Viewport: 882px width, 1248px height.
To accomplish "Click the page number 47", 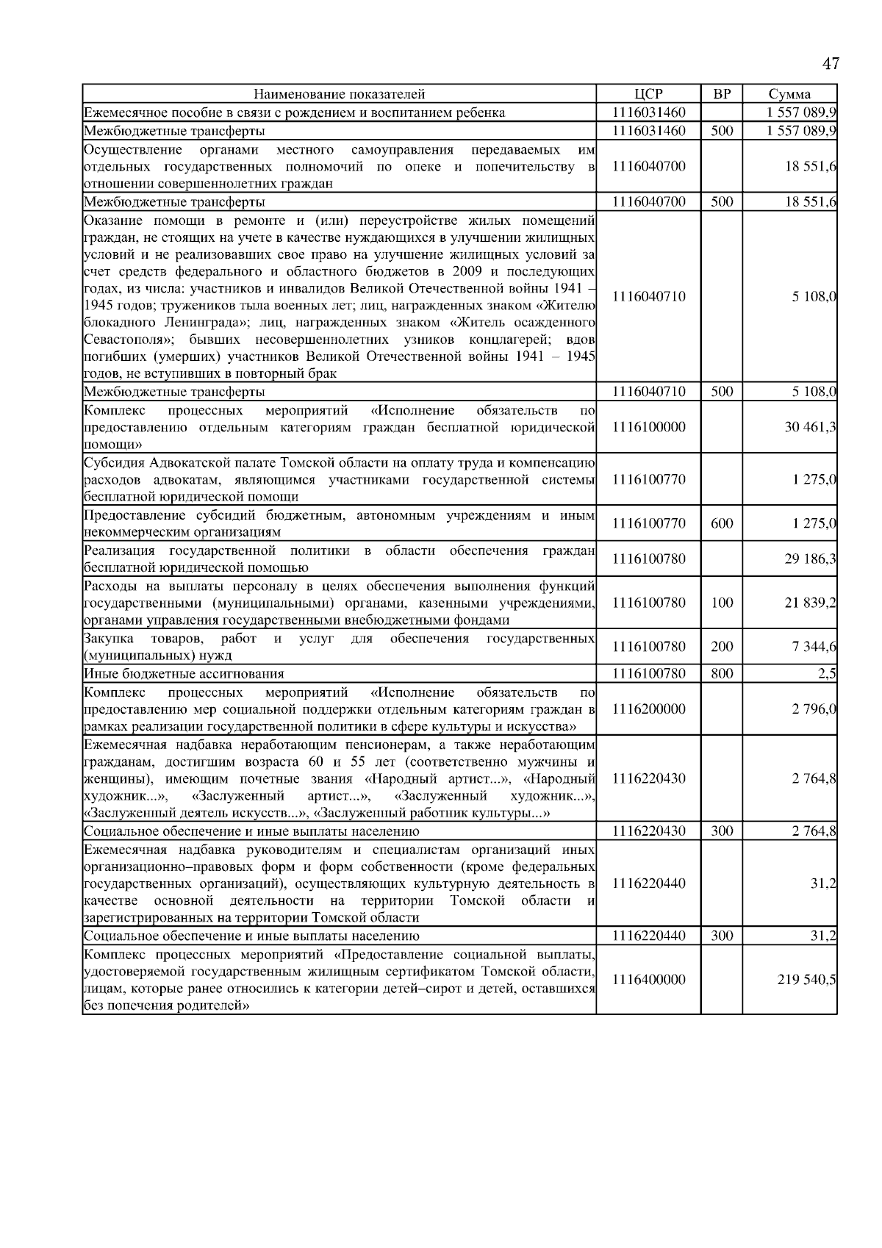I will (830, 64).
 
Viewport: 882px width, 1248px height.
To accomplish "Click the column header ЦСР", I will (648, 94).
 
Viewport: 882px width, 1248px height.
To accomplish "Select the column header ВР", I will (721, 94).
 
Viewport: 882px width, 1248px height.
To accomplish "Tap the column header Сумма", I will (789, 94).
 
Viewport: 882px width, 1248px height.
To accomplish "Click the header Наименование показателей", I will (339, 94).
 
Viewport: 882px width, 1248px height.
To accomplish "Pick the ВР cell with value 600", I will (721, 524).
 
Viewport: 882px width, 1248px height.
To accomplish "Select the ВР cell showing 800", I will (721, 673).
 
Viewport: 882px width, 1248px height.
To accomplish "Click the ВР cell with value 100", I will (721, 603).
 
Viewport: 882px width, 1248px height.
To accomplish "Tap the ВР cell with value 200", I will (721, 647).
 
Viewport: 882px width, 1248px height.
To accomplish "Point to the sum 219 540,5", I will (806, 980).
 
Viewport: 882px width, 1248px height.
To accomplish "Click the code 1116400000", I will (648, 980).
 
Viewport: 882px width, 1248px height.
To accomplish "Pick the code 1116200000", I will (648, 709).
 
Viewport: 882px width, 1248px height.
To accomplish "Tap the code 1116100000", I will (648, 427).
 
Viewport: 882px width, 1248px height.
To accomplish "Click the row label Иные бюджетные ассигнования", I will (184, 673).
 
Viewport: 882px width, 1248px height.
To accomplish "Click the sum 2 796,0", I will (814, 709).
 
